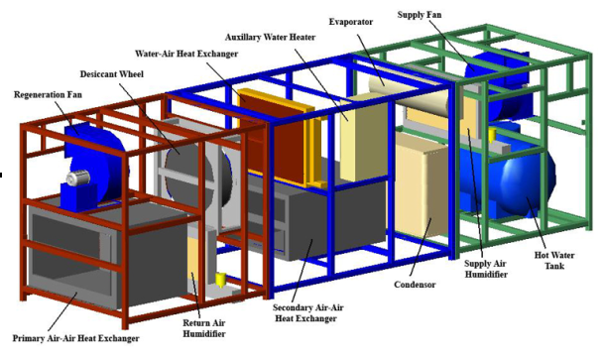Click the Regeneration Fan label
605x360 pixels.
(x=49, y=95)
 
